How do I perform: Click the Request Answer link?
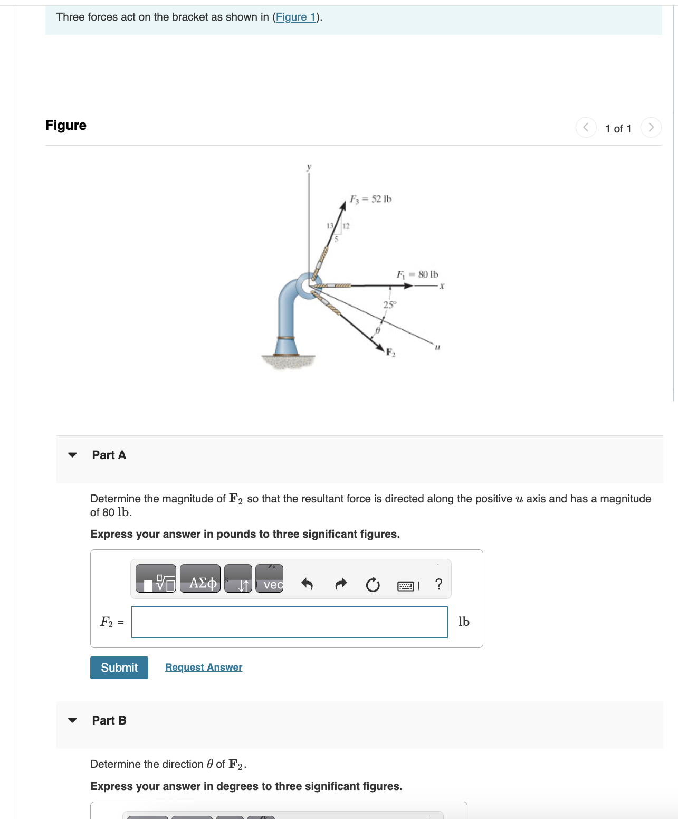pos(204,668)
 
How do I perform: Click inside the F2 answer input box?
pos(289,622)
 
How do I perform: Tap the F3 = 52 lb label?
pos(371,199)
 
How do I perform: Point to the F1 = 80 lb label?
pos(417,274)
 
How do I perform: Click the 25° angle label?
pos(389,305)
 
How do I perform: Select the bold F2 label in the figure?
pos(390,353)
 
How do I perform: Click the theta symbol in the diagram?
pos(378,330)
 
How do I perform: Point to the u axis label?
pos(437,347)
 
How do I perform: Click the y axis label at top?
pos(309,167)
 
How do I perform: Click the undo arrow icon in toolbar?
pos(307,584)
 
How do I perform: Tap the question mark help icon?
pos(438,584)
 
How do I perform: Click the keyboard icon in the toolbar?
pos(406,586)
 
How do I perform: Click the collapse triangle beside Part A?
pos(73,455)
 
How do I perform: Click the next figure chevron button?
pos(651,128)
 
